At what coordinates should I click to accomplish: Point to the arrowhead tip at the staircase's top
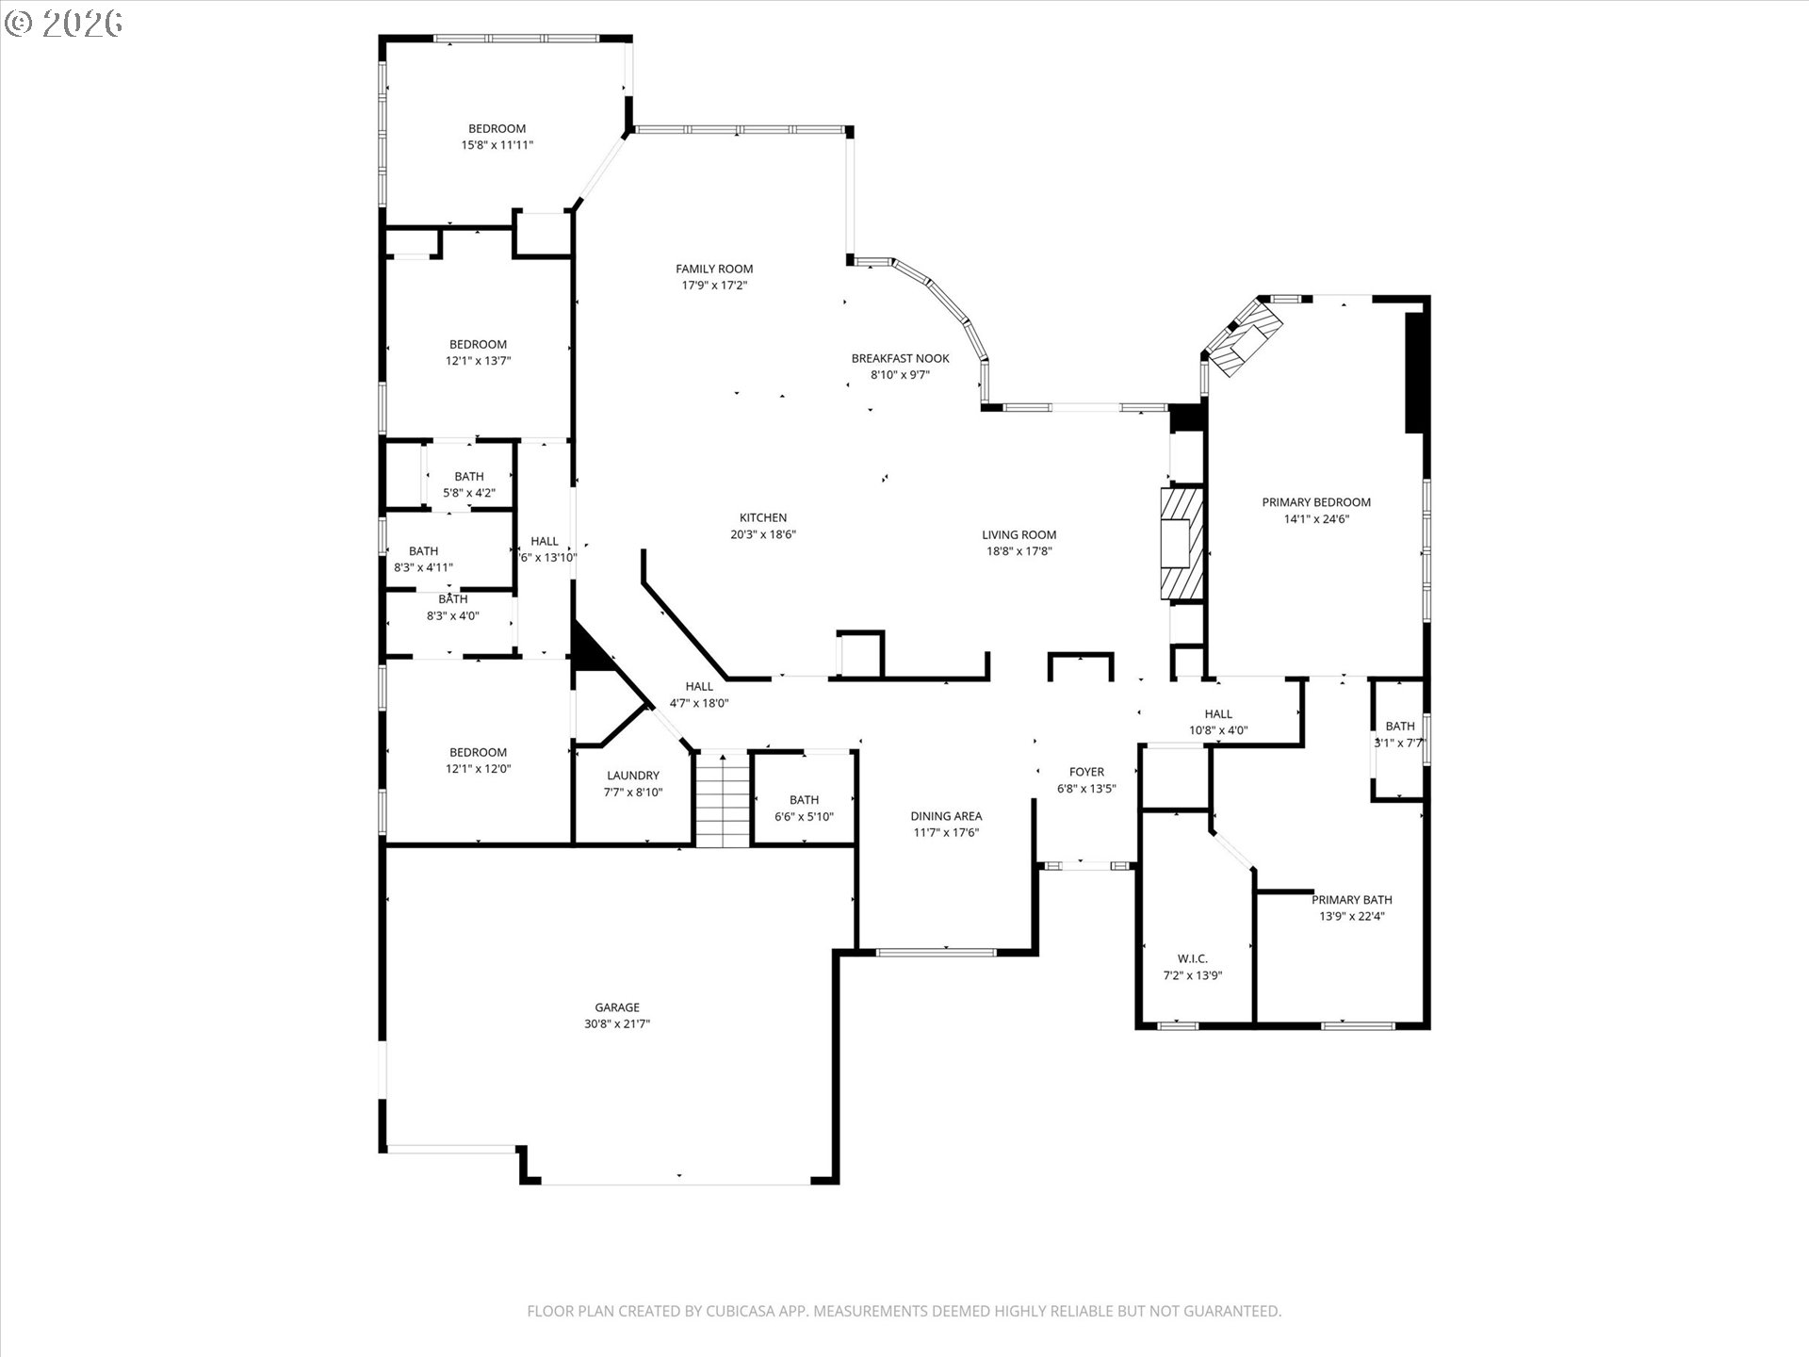(x=723, y=754)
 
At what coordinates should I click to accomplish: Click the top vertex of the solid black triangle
(x=574, y=620)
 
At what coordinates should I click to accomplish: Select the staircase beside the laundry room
(x=723, y=799)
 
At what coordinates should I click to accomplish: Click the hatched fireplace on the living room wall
(x=1182, y=543)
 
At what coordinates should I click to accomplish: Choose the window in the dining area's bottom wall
(x=936, y=952)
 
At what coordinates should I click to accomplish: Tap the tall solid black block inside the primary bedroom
(x=1413, y=372)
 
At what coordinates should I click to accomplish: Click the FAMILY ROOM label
(x=714, y=269)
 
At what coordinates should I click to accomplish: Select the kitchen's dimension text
(x=763, y=534)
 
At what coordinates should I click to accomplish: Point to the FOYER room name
(x=1086, y=772)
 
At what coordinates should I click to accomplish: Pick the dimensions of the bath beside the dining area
(x=804, y=817)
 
